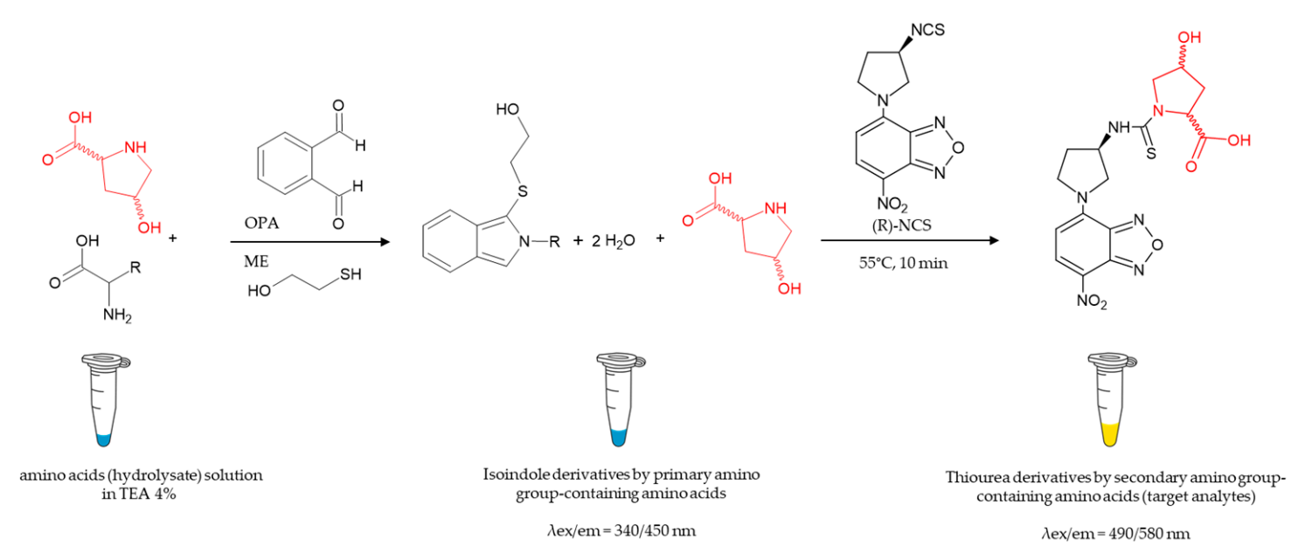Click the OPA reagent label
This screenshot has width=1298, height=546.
click(x=261, y=223)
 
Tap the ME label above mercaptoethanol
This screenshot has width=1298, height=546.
click(x=256, y=262)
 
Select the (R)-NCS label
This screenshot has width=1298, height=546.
click(x=902, y=225)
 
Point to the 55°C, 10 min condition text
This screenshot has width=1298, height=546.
click(x=903, y=263)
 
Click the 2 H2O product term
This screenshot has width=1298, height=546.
click(x=613, y=241)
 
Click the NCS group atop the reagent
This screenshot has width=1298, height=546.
click(x=927, y=30)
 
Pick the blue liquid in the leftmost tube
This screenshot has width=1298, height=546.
click(x=104, y=440)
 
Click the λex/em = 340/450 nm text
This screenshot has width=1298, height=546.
click(x=621, y=531)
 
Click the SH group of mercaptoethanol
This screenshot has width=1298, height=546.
click(x=351, y=273)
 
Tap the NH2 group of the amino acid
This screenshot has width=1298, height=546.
click(x=117, y=315)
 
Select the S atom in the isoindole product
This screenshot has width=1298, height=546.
click(x=522, y=191)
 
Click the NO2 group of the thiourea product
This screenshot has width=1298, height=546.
click(x=1092, y=301)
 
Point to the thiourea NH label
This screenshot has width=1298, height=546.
click(x=1119, y=128)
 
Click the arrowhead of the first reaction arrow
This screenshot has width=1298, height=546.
click(x=385, y=241)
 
